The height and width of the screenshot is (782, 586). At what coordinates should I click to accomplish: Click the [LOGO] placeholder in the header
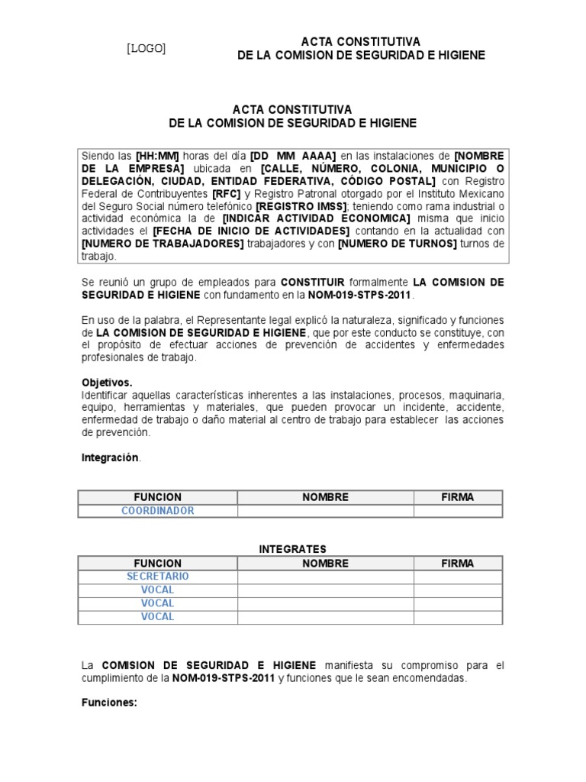click(x=146, y=49)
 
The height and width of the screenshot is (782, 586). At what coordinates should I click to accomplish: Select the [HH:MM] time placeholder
click(x=157, y=156)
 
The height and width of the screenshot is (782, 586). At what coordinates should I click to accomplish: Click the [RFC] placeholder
click(x=226, y=193)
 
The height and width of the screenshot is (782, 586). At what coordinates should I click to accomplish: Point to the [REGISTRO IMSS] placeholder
click(x=301, y=206)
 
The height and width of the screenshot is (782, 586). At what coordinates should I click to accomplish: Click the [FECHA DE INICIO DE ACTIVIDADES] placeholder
click(x=251, y=231)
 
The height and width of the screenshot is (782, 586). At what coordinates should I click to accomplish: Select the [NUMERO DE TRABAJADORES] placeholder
click(x=163, y=244)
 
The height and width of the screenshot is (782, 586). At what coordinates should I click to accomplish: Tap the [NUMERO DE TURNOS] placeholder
click(x=397, y=244)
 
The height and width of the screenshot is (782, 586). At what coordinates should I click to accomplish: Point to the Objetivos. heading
click(x=107, y=382)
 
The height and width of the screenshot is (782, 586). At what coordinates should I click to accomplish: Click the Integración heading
click(x=110, y=457)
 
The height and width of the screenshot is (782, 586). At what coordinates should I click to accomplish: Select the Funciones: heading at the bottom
click(x=108, y=703)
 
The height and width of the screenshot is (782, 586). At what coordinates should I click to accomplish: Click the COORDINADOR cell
click(x=157, y=511)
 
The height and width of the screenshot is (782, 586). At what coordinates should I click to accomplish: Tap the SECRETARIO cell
click(x=157, y=577)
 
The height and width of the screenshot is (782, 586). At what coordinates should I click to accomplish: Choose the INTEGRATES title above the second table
click(x=292, y=549)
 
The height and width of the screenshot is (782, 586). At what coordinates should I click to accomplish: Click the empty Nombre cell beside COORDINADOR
click(x=325, y=511)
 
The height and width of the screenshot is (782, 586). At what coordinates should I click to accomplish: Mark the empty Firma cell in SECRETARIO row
click(x=457, y=577)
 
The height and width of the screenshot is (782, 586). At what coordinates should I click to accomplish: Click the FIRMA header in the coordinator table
click(x=457, y=497)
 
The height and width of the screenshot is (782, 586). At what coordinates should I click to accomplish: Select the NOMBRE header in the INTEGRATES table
click(x=325, y=564)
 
